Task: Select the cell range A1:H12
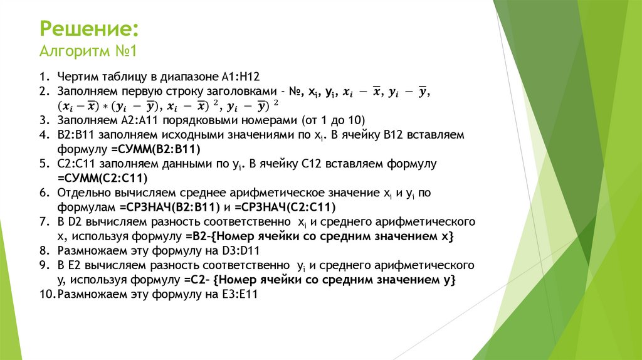[241, 77]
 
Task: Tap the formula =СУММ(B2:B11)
[160, 149]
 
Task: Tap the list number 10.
[47, 294]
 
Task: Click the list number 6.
[44, 193]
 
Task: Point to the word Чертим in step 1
[76, 77]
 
